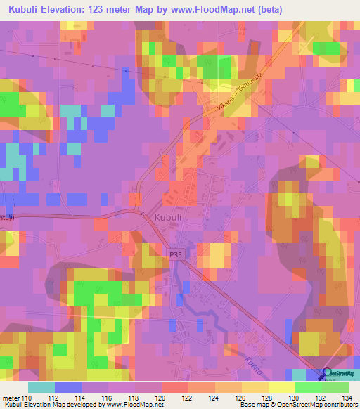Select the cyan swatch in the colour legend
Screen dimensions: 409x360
pos(41,387)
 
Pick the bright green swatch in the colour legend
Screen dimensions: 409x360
pos(308,387)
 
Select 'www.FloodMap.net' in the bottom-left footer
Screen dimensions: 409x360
pos(134,405)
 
